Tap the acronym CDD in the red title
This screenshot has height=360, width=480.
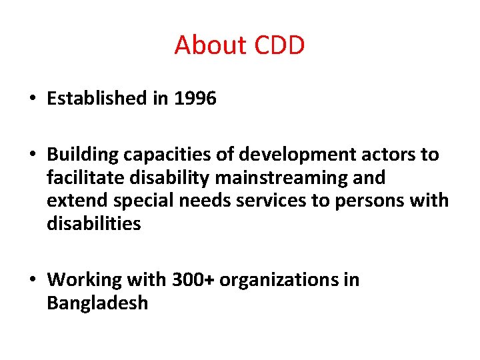(x=279, y=45)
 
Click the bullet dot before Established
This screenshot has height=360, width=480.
(x=32, y=99)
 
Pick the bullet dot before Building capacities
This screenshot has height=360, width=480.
(x=32, y=155)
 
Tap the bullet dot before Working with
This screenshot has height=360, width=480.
(x=32, y=280)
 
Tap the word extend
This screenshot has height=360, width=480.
(x=73, y=201)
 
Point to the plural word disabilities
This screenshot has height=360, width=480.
(x=94, y=224)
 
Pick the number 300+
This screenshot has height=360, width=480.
(x=193, y=279)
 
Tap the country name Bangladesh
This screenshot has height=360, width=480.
(x=97, y=303)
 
